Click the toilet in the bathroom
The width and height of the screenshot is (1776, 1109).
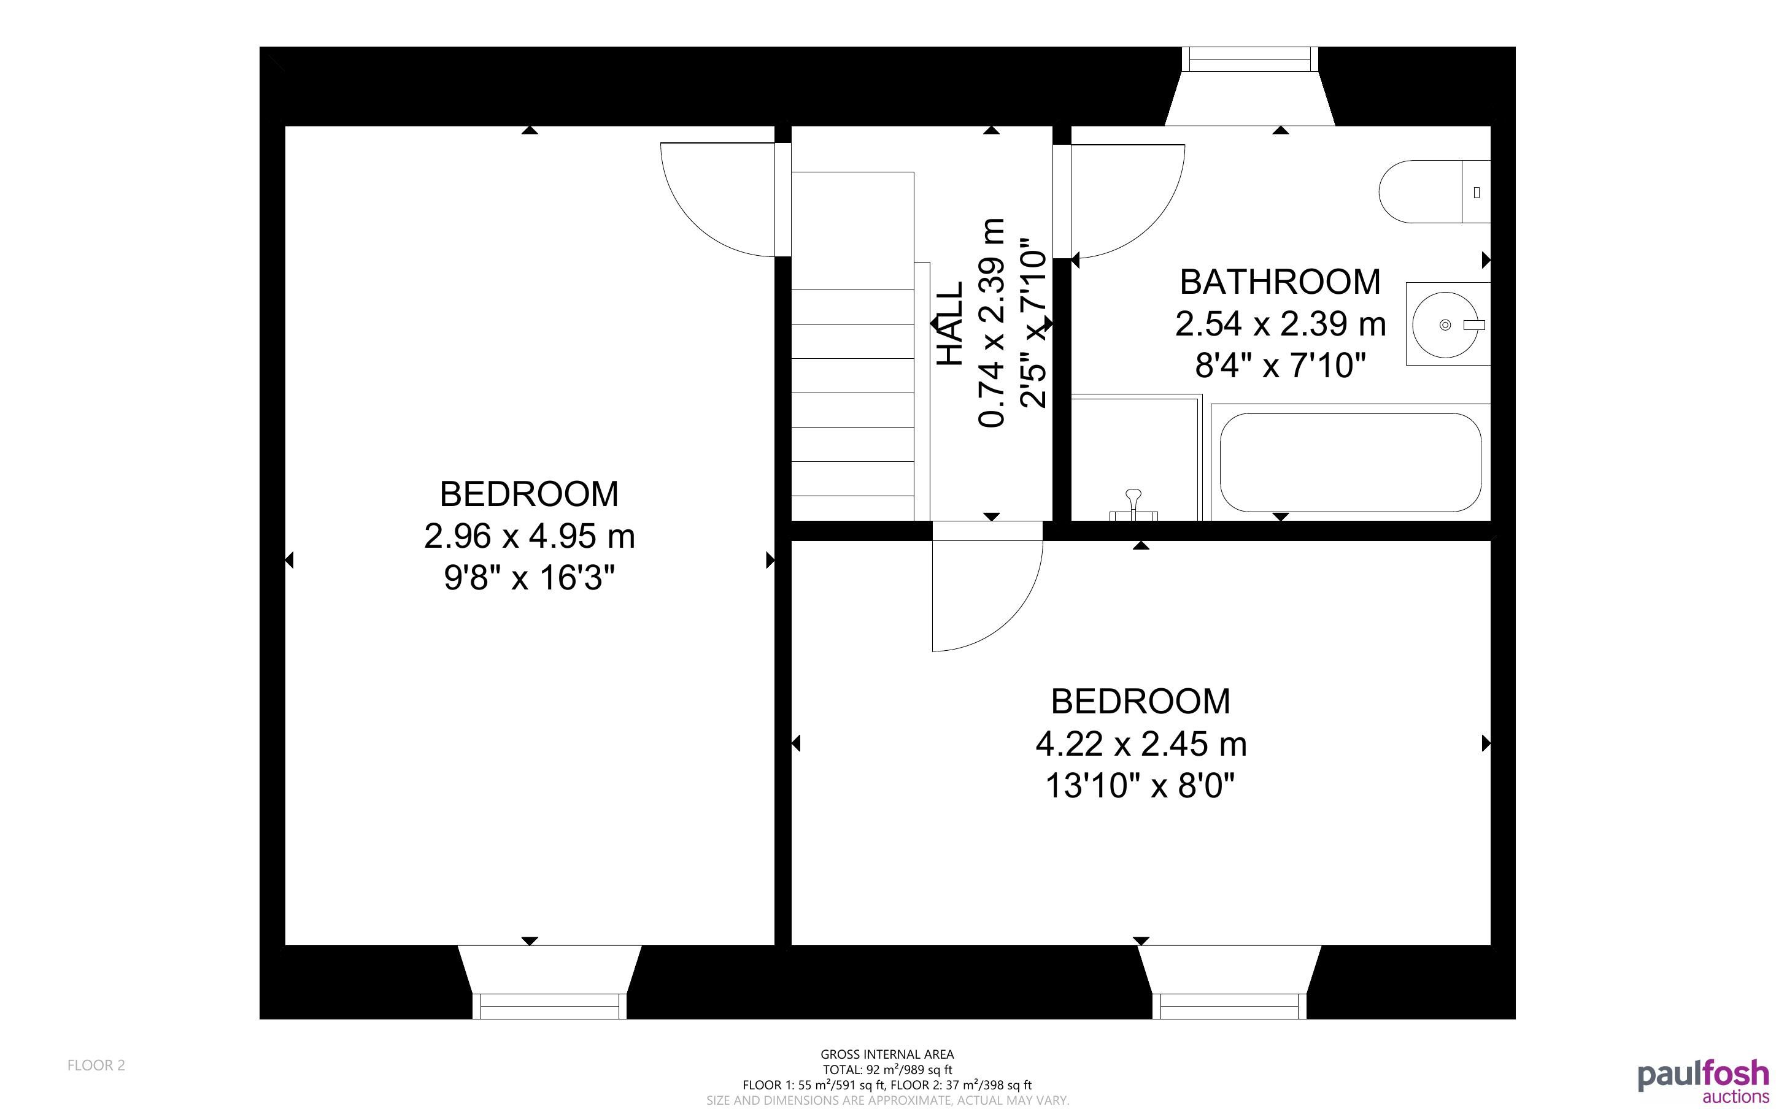click(1434, 191)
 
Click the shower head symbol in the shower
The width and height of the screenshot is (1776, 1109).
click(1133, 505)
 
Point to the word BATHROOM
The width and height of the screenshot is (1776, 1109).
click(1280, 282)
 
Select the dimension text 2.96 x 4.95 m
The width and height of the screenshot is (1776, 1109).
click(529, 536)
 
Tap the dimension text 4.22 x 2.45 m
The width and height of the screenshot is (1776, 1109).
click(1141, 744)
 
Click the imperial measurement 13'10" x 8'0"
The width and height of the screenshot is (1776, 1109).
click(1141, 786)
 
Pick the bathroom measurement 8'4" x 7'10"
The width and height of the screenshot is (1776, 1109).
click(1280, 365)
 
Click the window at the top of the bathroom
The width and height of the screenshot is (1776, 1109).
click(1250, 59)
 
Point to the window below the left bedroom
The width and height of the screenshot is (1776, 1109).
click(549, 1007)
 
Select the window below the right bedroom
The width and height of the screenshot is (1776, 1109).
click(1229, 1007)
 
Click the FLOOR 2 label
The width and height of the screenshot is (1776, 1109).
click(96, 1065)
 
